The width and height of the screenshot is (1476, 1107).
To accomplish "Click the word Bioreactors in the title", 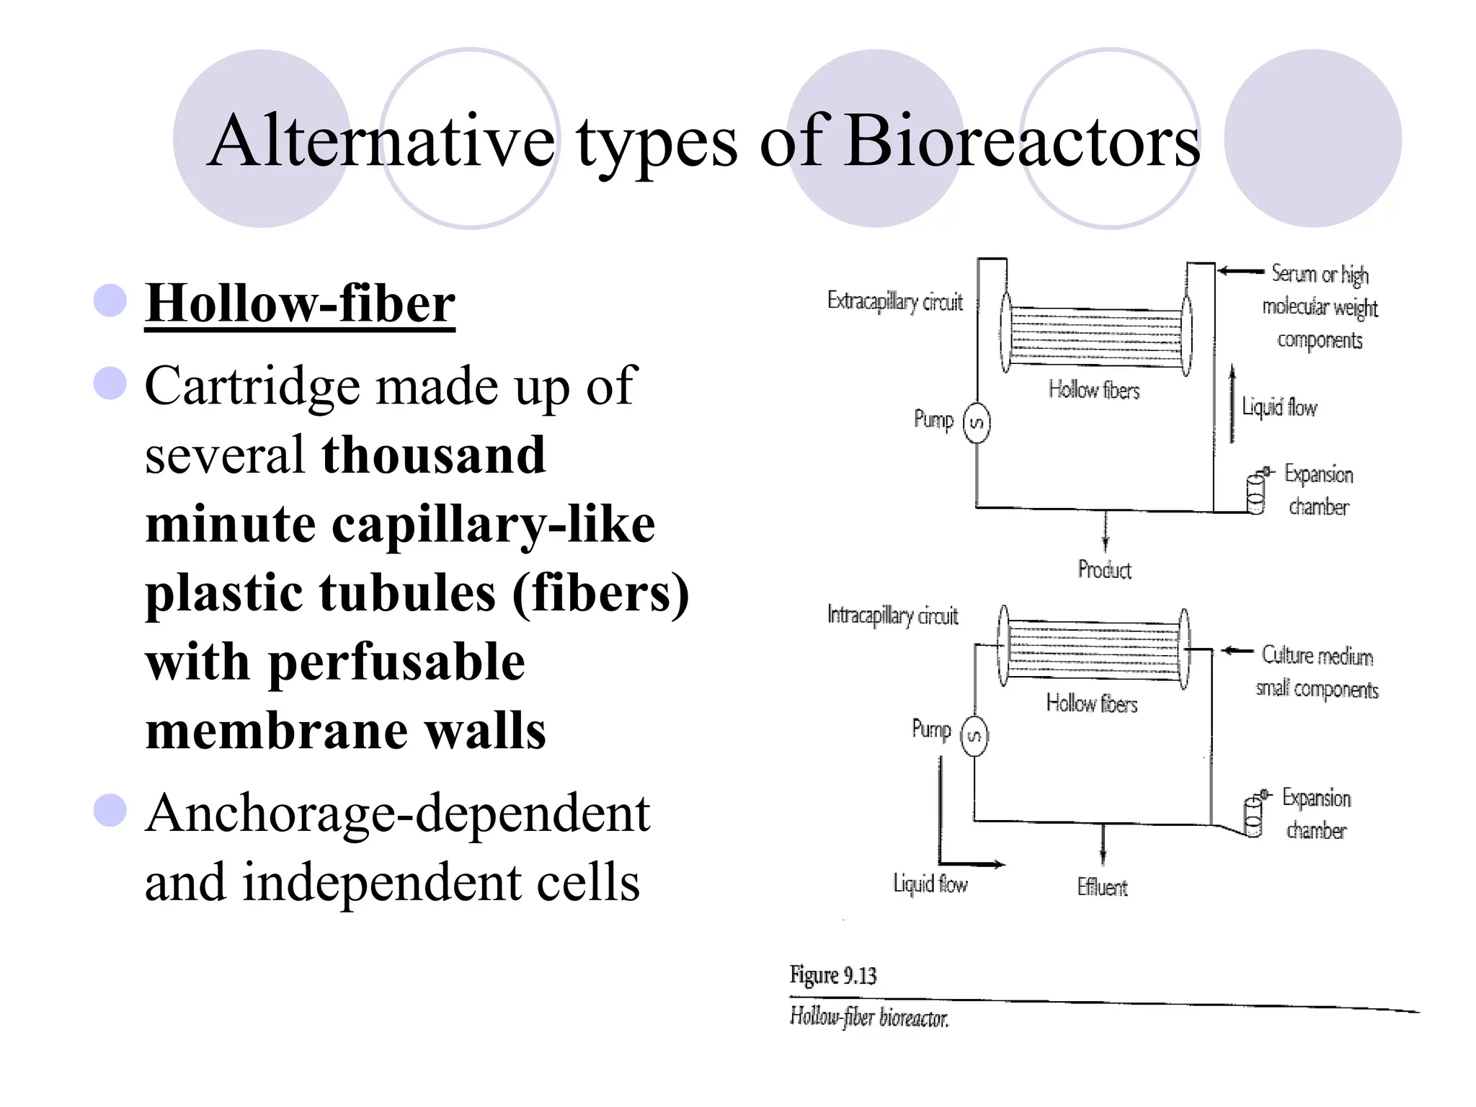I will pos(1022,141).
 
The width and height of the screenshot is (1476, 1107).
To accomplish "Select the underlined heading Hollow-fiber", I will pos(300,303).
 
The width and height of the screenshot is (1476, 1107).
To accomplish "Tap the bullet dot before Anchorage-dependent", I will pos(110,810).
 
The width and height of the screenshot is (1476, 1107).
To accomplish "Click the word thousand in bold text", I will pos(434,455).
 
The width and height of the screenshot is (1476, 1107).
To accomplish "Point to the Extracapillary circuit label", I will pos(894,301).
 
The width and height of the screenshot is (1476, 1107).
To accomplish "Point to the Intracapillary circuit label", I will pos(892,615).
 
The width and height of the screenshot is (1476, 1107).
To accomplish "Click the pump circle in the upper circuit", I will pos(977,423).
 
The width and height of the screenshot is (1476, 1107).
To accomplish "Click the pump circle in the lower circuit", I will pos(974,736).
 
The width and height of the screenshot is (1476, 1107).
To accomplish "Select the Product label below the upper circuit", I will pos(1104,570).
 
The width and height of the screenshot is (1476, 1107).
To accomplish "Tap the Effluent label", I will pos(1102,887).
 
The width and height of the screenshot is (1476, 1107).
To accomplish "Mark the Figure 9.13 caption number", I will pos(833,975).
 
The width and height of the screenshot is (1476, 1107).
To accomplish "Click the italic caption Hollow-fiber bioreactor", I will pos(869,1017).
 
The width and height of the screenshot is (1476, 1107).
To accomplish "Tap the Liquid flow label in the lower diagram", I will pos(930,884).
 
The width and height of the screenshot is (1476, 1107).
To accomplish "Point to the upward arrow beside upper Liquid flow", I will pos(1232,404).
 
